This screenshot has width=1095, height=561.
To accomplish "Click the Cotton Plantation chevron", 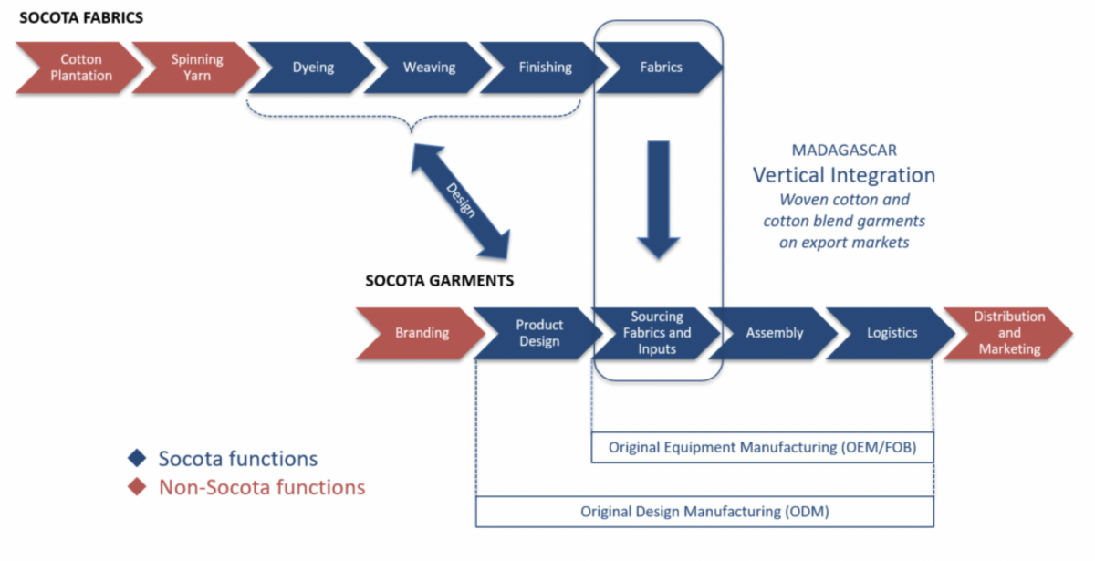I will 80,68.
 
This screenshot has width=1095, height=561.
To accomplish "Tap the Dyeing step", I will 313,68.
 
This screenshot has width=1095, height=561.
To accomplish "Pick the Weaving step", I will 429,68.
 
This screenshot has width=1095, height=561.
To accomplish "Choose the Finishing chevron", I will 545,68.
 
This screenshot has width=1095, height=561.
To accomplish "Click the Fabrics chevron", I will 661,68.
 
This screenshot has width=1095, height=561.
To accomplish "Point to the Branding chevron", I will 422,333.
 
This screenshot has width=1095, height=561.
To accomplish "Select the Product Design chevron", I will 538,333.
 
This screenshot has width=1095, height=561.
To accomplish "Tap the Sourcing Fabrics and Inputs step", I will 656,333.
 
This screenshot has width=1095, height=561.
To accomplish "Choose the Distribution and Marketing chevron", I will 1008,333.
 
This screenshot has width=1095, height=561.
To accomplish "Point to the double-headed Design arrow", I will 459,201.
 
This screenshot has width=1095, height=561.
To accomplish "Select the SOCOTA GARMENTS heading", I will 439,281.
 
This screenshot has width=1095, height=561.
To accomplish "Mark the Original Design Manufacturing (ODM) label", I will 704,512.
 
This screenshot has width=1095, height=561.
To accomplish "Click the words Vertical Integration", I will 843,174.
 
